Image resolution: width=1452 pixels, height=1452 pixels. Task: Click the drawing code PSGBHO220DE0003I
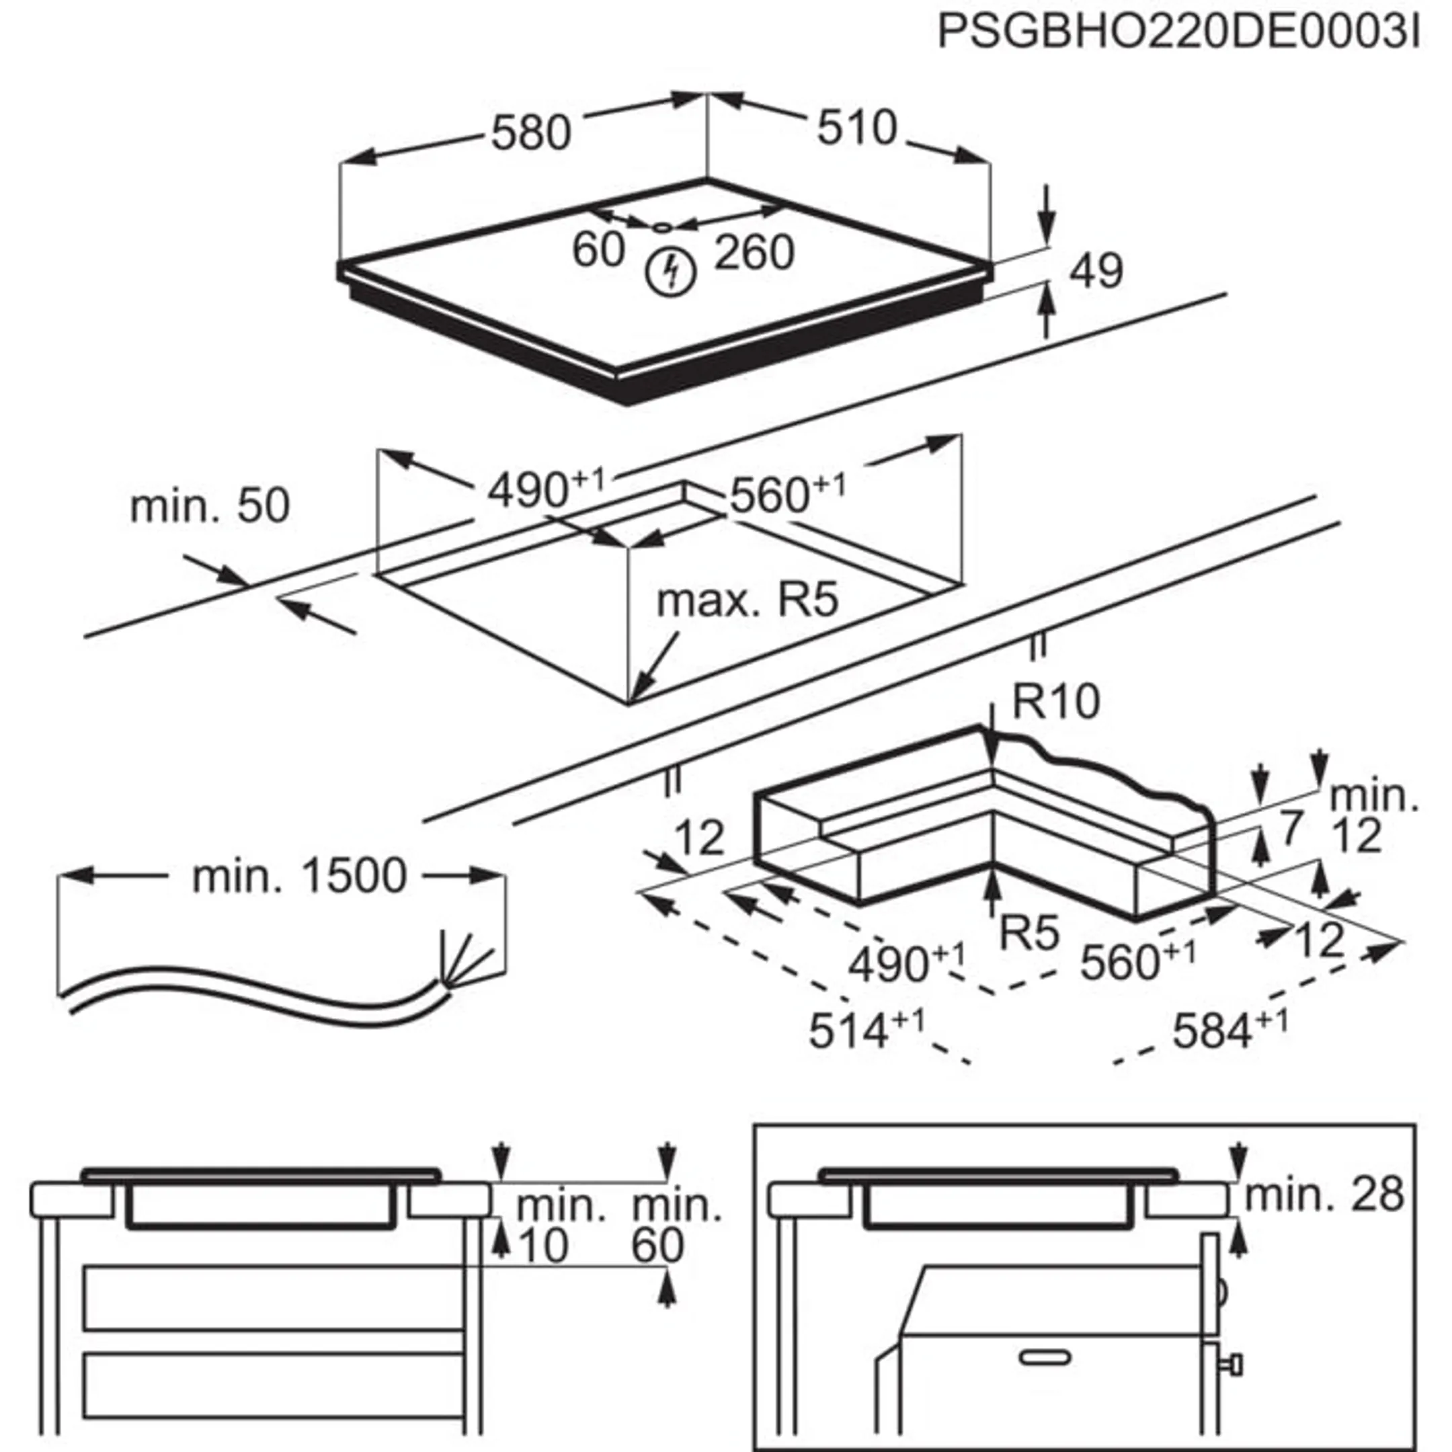click(x=1178, y=33)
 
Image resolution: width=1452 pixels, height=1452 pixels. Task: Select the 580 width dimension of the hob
click(x=530, y=134)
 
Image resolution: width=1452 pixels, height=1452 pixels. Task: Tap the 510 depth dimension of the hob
click(x=857, y=128)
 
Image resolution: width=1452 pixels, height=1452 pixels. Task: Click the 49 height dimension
click(x=1096, y=272)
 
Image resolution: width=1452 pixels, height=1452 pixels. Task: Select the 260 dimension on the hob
click(x=754, y=253)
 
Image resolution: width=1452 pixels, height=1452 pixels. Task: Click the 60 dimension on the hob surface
click(x=598, y=249)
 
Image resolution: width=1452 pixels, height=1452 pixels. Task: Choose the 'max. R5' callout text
click(x=747, y=600)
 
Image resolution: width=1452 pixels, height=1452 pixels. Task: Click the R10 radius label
click(x=1055, y=701)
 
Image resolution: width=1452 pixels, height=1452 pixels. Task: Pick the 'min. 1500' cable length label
click(x=299, y=877)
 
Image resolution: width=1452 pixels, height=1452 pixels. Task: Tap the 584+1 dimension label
click(x=1229, y=1029)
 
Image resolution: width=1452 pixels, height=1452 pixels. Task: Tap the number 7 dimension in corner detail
click(x=1290, y=828)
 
